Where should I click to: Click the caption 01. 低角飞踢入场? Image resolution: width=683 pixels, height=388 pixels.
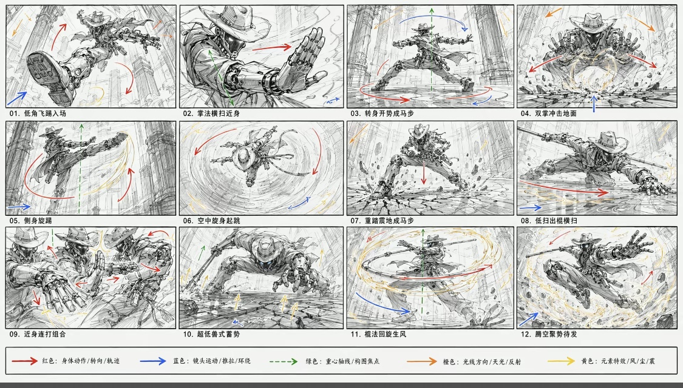click(x=38, y=113)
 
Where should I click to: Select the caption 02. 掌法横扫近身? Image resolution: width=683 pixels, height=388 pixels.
click(x=211, y=113)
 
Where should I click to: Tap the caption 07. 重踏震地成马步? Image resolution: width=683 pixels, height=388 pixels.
click(x=382, y=221)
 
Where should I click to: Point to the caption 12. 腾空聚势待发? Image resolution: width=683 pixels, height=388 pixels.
click(x=549, y=334)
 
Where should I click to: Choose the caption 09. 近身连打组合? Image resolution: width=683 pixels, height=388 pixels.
click(x=38, y=334)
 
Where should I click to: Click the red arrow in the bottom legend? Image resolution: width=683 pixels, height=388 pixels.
click(x=24, y=361)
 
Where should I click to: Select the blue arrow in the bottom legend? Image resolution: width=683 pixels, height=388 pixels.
click(x=153, y=361)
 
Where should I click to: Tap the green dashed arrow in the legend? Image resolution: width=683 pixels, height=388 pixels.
click(x=284, y=361)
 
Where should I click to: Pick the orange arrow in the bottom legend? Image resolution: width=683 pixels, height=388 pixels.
click(x=422, y=361)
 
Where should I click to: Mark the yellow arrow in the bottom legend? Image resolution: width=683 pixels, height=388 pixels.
click(x=561, y=361)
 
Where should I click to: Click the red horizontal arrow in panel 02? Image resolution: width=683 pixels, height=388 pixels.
click(x=271, y=47)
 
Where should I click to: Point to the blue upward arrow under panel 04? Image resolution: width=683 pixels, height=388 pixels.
click(x=594, y=104)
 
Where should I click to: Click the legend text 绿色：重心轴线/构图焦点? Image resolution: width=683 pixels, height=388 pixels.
click(x=342, y=361)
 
